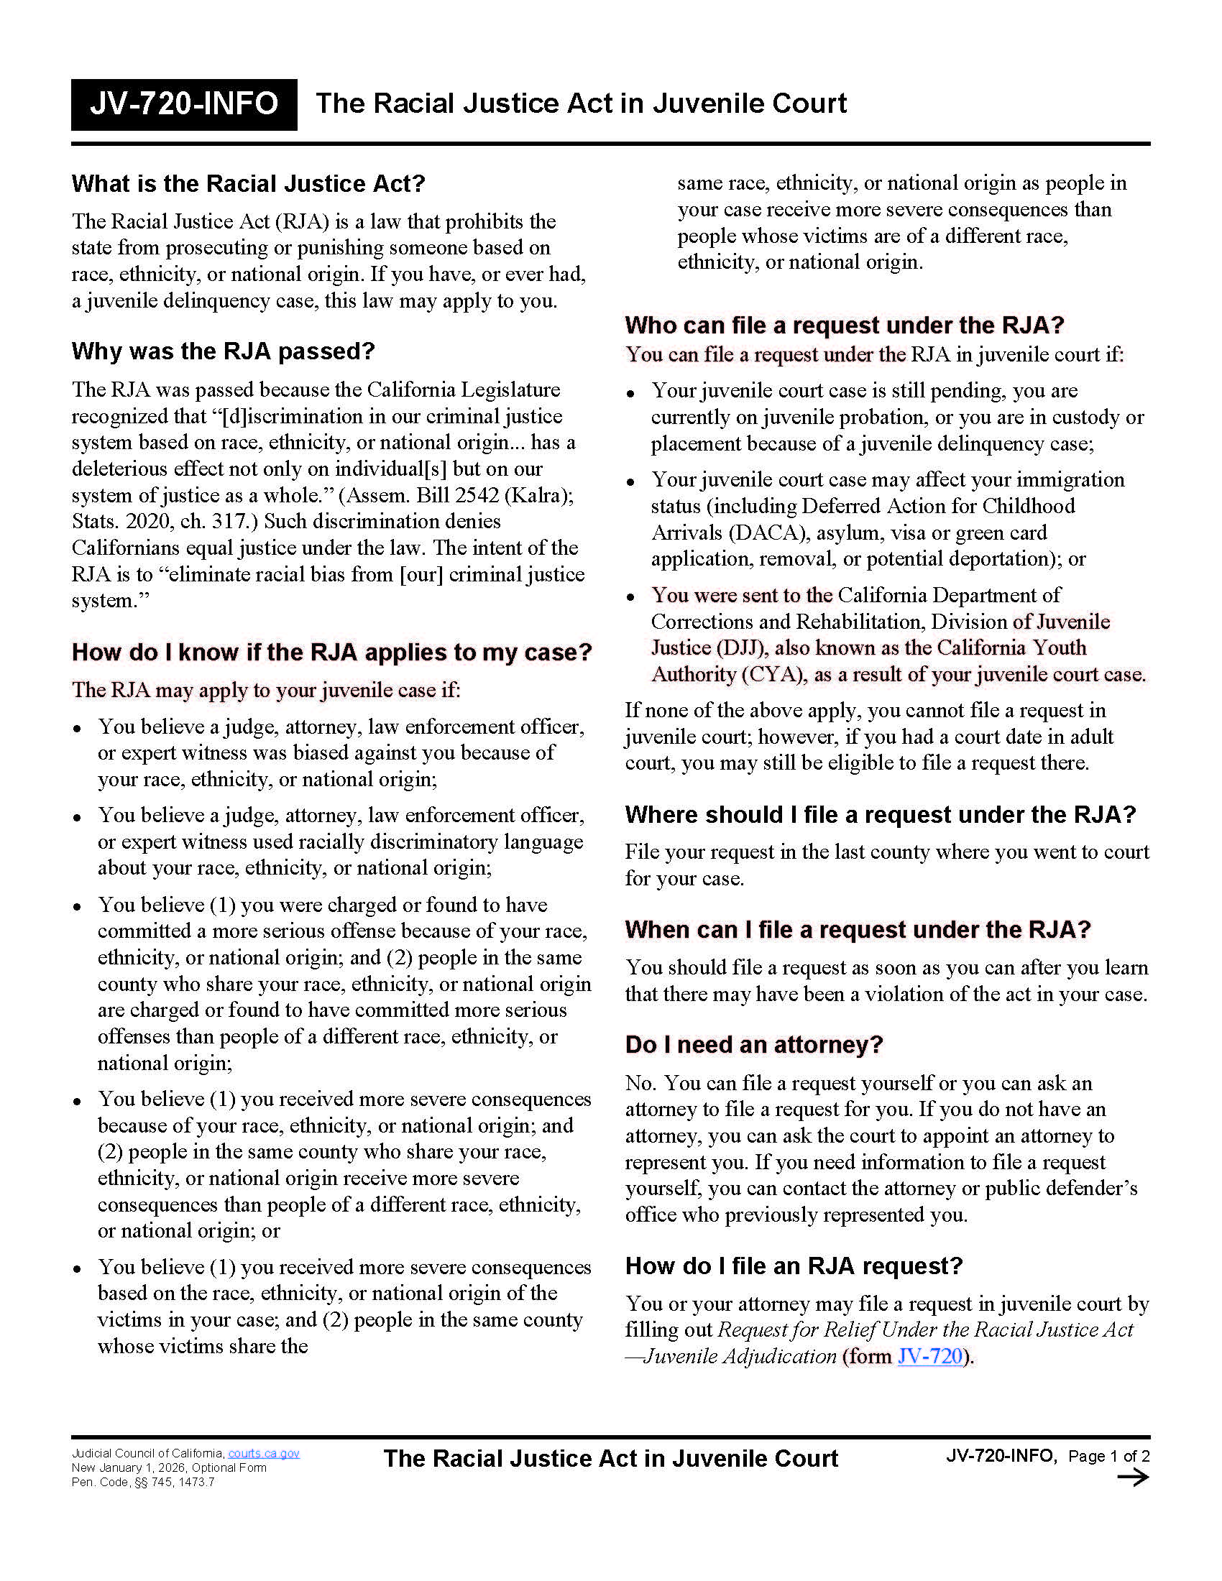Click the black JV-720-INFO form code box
[x=184, y=104]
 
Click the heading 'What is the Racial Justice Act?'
[x=247, y=184]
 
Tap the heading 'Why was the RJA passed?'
[x=223, y=352]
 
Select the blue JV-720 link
[x=929, y=1356]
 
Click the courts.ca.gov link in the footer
[x=264, y=1454]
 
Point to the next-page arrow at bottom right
[x=1132, y=1478]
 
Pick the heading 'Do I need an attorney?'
[x=753, y=1045]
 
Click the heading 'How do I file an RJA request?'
[x=794, y=1266]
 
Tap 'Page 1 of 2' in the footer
[x=1109, y=1456]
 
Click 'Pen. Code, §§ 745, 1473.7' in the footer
[x=142, y=1482]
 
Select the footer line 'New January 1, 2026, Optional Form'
[x=169, y=1468]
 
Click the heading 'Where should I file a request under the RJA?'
[x=881, y=814]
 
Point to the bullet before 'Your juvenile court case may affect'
[x=630, y=482]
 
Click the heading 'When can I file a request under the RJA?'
[x=857, y=929]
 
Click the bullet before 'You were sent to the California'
[x=630, y=597]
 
